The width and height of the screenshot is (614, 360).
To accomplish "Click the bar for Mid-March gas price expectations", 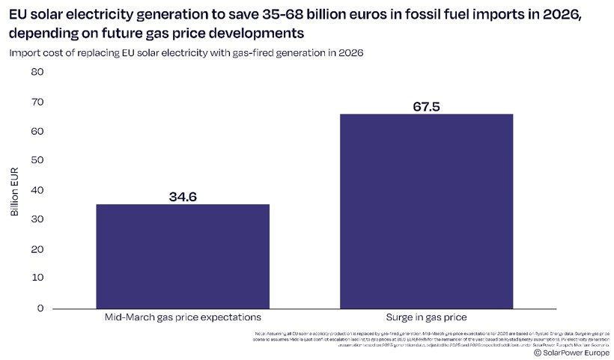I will point(183,256).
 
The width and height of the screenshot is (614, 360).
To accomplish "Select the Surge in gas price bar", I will point(426,211).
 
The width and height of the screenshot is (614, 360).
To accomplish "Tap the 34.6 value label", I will point(183,197).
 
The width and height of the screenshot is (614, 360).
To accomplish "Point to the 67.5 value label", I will point(426,106).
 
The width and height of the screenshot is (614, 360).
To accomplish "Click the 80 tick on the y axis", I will point(37,72).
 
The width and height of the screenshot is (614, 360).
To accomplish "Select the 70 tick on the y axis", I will point(37,101).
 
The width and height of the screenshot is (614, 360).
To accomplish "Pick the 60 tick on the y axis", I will point(37,131).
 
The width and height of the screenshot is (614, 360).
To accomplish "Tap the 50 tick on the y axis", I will point(37,160).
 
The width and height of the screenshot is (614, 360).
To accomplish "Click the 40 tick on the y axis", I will point(37,190).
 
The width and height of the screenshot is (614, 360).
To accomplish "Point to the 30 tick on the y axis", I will point(37,219).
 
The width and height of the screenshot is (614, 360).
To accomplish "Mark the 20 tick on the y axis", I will point(37,249).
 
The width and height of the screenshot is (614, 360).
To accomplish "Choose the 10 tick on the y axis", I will point(37,278).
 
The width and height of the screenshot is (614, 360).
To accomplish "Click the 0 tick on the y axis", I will point(40,308).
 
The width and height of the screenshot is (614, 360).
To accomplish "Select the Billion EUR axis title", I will point(15,190).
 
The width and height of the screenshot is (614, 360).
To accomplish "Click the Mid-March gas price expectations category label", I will point(183,318).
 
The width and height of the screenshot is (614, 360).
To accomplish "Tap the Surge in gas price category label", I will point(426,318).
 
